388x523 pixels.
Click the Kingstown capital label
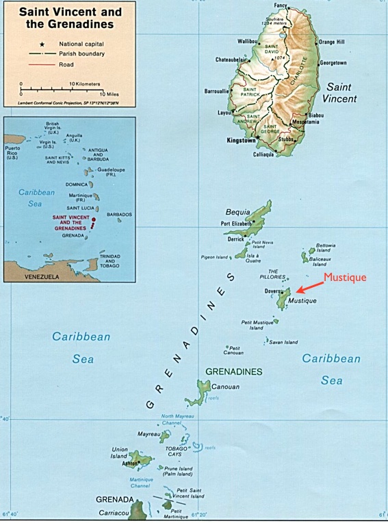(240, 140)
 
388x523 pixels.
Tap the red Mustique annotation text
(345, 277)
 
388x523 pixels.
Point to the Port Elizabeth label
(239, 224)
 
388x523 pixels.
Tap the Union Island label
(120, 453)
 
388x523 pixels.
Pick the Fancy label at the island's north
(281, 6)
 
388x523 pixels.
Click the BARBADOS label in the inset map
(119, 214)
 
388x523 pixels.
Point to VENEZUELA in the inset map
(42, 277)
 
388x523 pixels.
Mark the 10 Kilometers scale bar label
(84, 84)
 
